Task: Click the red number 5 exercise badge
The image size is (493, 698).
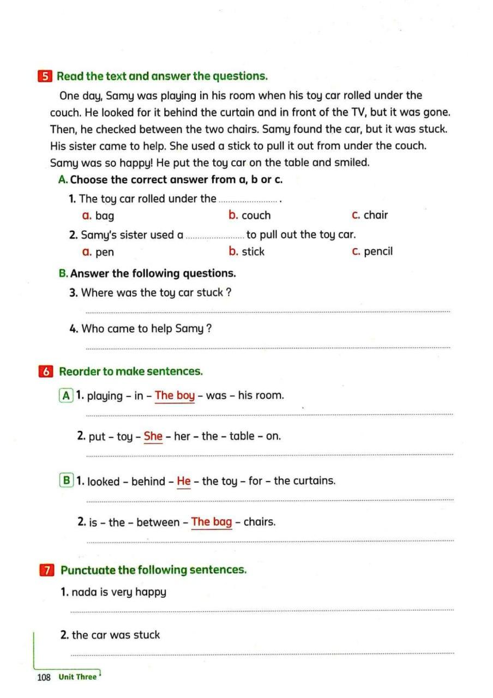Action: [x=45, y=76]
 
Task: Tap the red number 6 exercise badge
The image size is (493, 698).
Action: [x=46, y=372]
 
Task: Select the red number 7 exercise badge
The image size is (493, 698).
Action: [x=47, y=570]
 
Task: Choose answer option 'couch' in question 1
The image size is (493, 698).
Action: [x=256, y=215]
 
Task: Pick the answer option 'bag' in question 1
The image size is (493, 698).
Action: [x=104, y=216]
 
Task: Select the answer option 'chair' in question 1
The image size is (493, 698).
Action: [x=376, y=215]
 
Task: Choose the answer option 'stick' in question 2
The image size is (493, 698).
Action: [x=252, y=252]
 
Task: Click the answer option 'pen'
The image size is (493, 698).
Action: [x=104, y=252]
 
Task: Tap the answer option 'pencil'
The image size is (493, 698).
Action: [x=378, y=252]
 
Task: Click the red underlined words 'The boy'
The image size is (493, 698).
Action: [x=175, y=396]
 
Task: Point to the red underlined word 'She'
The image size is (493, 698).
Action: [x=153, y=436]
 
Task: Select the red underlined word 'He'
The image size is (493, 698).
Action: [x=184, y=482]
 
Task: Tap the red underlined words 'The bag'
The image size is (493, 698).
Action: [x=212, y=522]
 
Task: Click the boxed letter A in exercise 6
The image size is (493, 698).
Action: [x=67, y=396]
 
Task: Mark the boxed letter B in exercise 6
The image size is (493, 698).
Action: [x=67, y=480]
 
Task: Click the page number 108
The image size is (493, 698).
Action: [x=44, y=677]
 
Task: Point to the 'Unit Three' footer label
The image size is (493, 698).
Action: [x=77, y=677]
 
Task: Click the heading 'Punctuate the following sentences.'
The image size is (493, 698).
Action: [x=154, y=570]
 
